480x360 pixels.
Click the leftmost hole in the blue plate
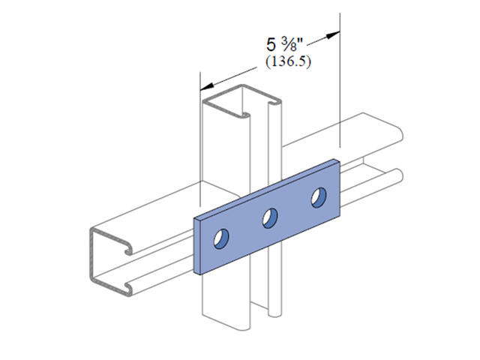point(221,238)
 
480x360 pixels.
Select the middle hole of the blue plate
point(270,218)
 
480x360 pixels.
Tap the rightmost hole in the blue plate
point(319,197)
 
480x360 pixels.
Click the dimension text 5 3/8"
point(284,45)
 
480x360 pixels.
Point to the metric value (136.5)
point(288,61)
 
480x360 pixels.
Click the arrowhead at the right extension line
point(333,34)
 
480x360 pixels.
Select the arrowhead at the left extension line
point(208,86)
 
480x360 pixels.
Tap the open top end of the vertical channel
point(241,101)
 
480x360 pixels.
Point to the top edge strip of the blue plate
point(266,188)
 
